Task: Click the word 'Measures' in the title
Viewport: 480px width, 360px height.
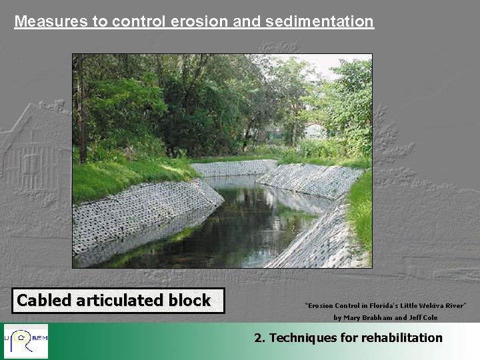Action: pos(51,21)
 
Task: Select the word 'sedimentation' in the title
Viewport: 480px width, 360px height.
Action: pos(319,21)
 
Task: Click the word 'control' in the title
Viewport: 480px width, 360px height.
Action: pos(139,21)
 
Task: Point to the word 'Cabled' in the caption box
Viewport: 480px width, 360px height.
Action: pos(44,301)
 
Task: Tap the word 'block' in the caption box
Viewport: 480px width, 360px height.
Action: pos(189,301)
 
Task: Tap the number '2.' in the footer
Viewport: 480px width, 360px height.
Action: pos(260,338)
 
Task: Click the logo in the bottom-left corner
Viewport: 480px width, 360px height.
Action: pos(25,341)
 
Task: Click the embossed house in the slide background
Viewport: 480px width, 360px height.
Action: pos(33,153)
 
